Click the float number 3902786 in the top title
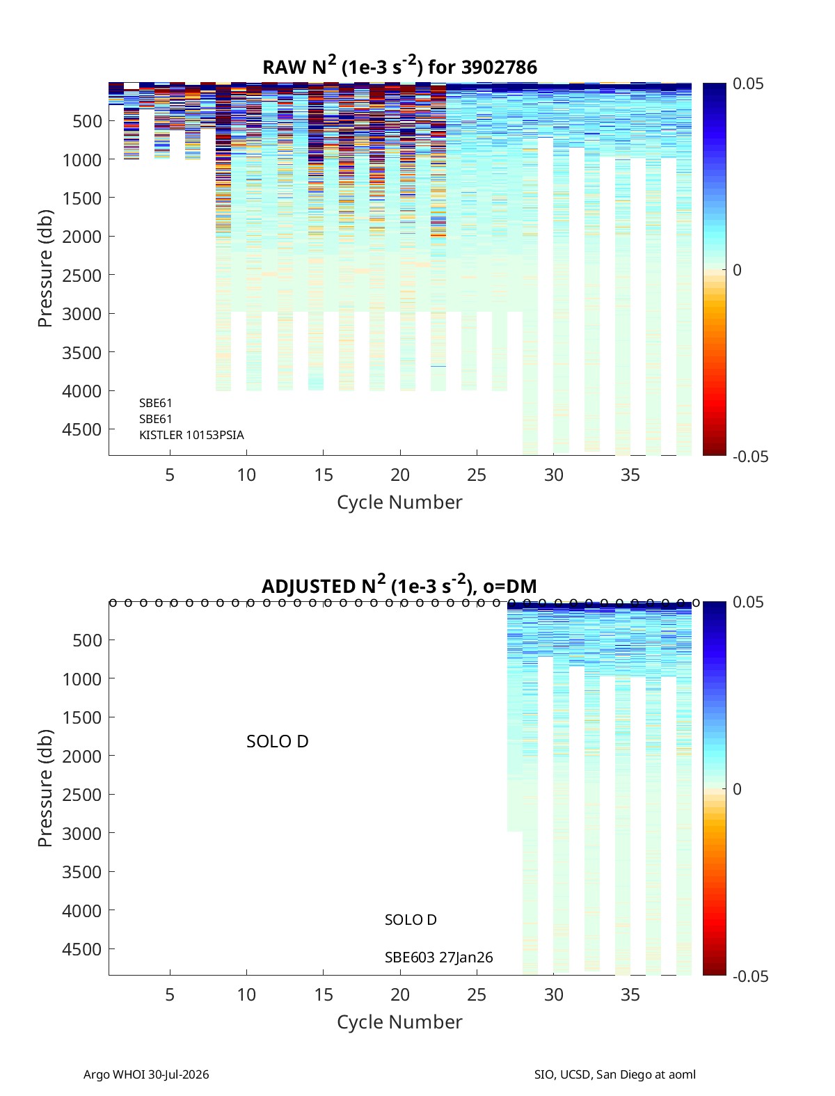(499, 67)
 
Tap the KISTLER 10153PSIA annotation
(191, 435)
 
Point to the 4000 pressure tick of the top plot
(81, 391)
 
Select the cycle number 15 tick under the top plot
(324, 475)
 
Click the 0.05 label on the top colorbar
(747, 84)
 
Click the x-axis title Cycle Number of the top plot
(399, 502)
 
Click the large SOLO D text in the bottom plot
(278, 742)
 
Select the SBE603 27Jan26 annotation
(438, 958)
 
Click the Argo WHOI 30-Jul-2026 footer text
(146, 1074)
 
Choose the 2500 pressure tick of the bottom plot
(81, 795)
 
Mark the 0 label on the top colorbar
(737, 270)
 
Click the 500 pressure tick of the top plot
(88, 121)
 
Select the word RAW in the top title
(284, 67)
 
